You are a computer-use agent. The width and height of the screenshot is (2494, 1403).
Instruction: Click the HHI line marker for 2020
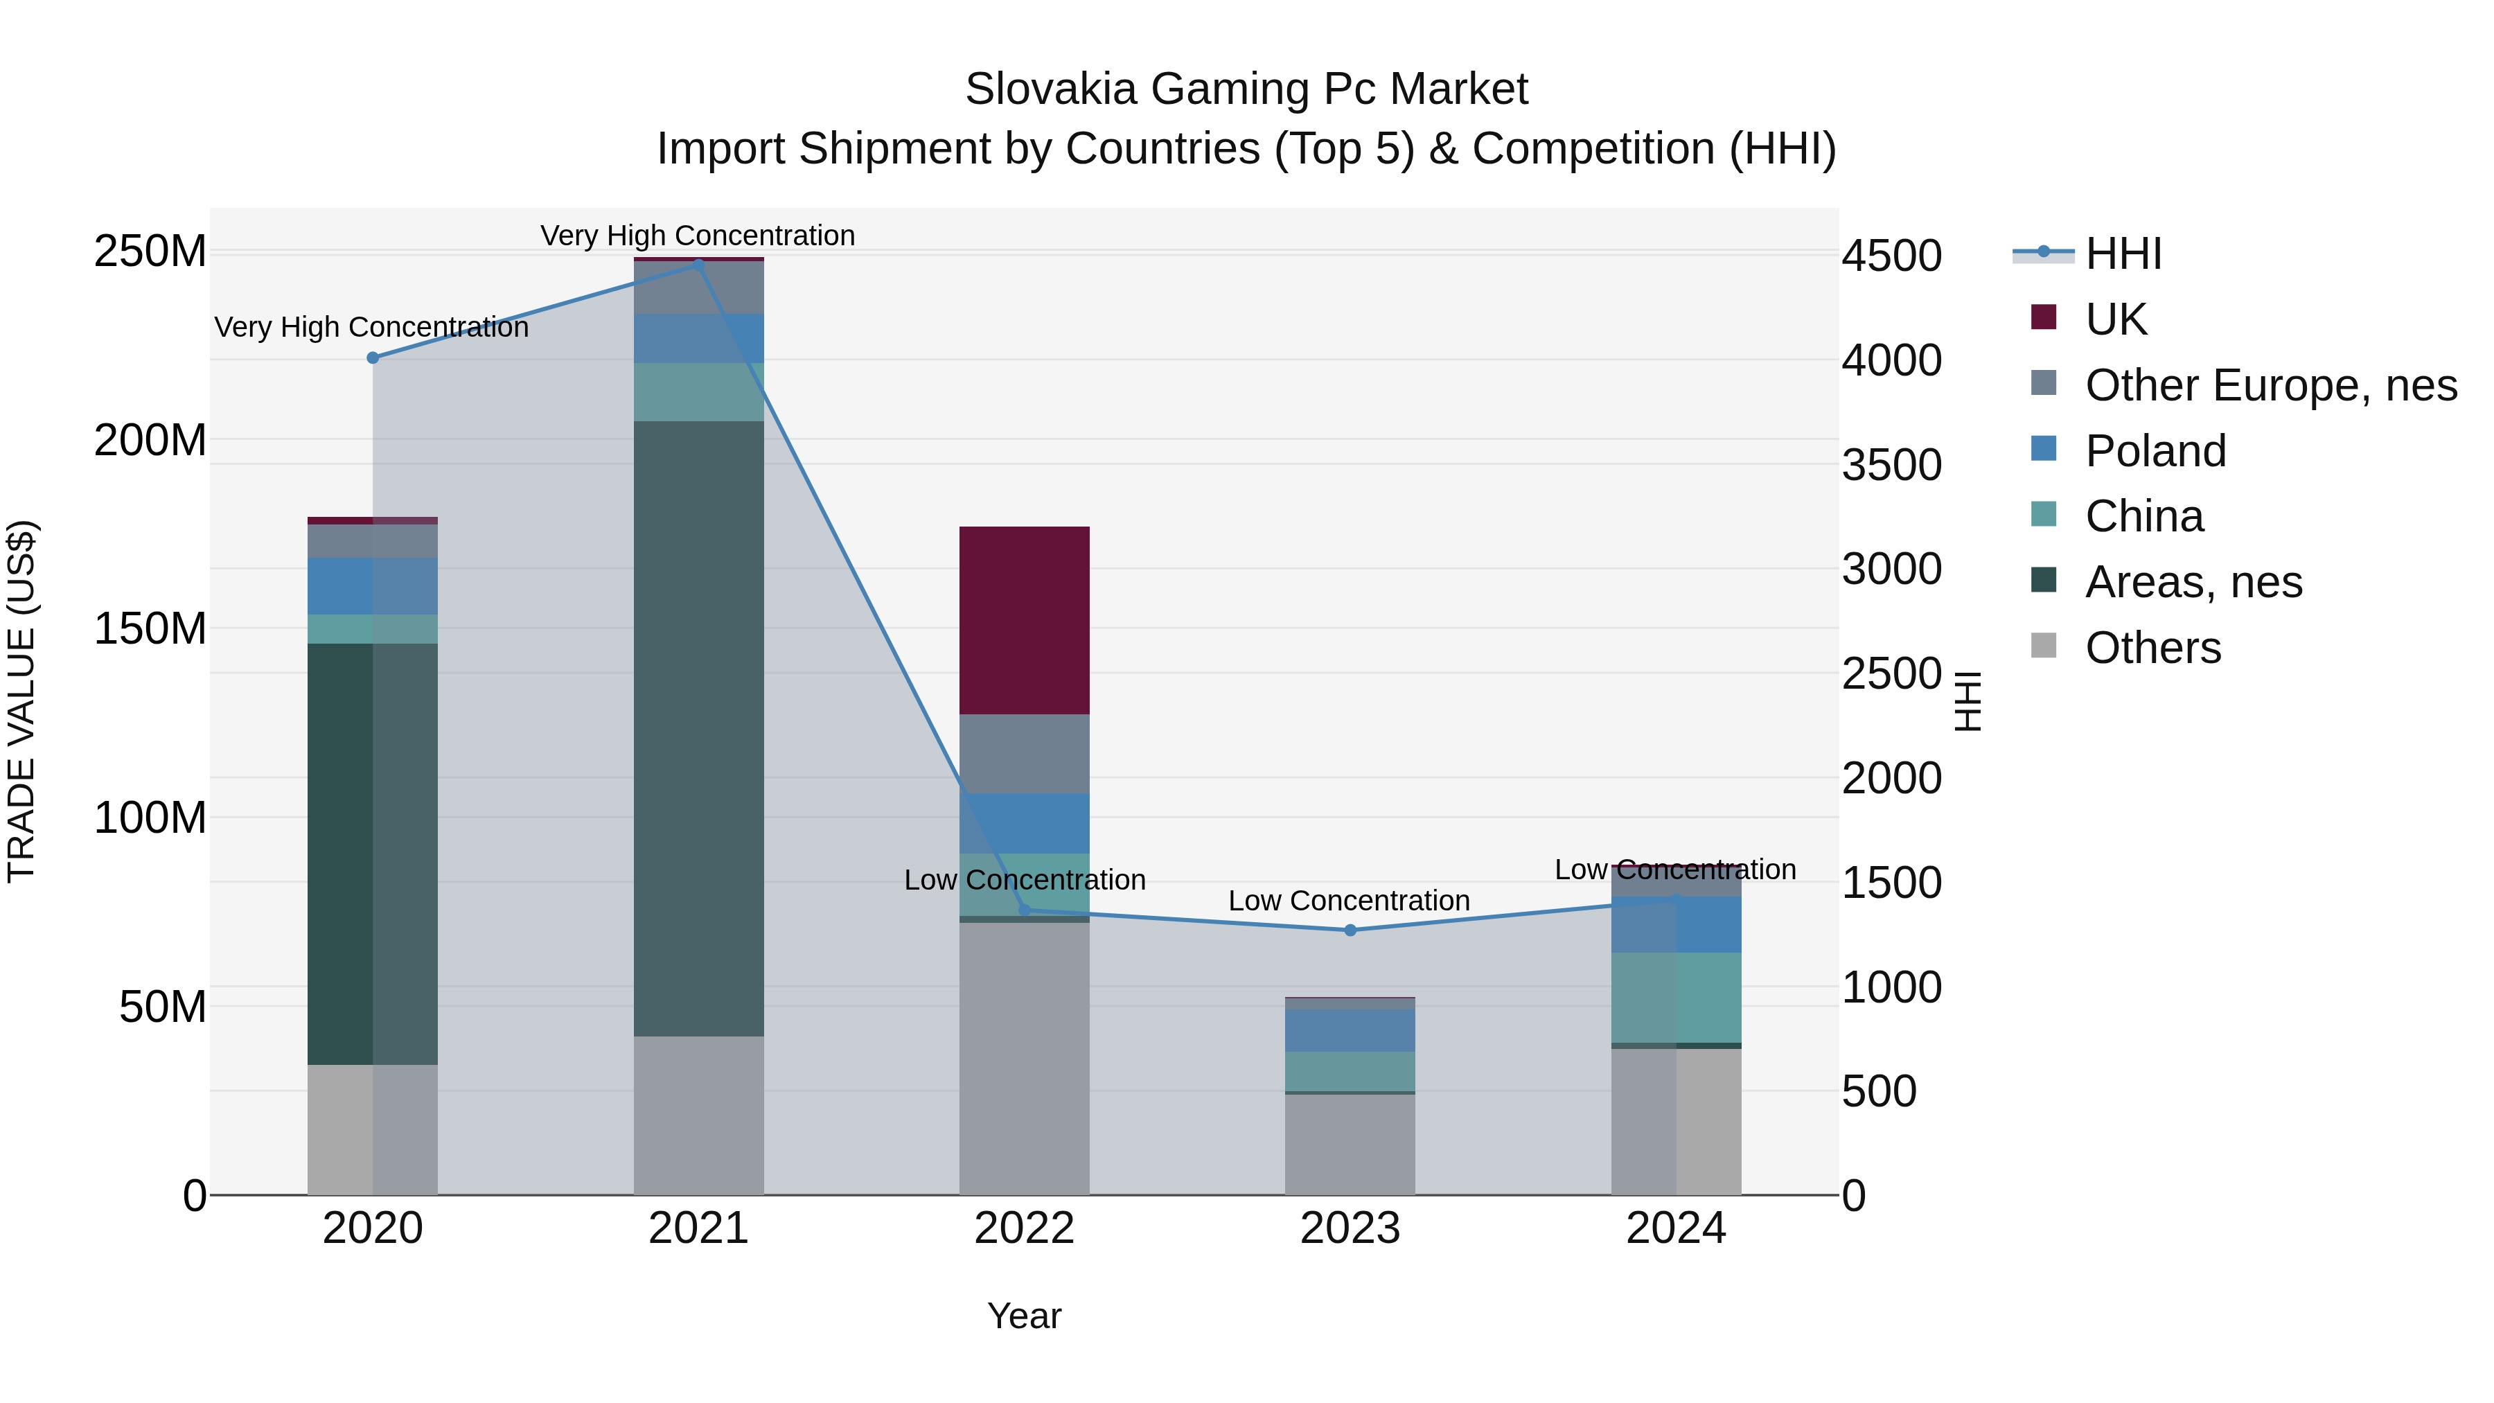pyautogui.click(x=373, y=358)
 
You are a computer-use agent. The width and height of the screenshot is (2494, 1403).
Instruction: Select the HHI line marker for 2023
pyautogui.click(x=1351, y=930)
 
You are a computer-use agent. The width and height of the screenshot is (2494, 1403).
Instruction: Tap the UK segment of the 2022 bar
pyautogui.click(x=1025, y=621)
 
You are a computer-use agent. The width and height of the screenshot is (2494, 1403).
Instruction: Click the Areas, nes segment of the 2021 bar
pyautogui.click(x=698, y=728)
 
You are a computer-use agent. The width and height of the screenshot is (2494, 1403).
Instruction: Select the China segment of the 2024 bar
pyautogui.click(x=1676, y=997)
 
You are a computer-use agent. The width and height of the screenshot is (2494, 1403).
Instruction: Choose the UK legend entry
pyautogui.click(x=2116, y=319)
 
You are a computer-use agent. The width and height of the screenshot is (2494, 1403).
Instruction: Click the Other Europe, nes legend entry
pyautogui.click(x=2270, y=385)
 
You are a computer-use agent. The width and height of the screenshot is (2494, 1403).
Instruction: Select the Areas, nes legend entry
pyautogui.click(x=2193, y=582)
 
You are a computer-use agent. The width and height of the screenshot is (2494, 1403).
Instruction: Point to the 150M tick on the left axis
pyautogui.click(x=150, y=629)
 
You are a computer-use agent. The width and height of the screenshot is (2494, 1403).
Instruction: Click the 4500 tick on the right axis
pyautogui.click(x=1891, y=256)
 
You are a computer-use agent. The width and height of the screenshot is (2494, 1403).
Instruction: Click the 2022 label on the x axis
pyautogui.click(x=1025, y=1228)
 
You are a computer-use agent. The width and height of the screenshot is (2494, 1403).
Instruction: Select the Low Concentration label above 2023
pyautogui.click(x=1349, y=901)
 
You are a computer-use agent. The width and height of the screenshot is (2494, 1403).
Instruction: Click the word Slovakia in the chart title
pyautogui.click(x=1050, y=89)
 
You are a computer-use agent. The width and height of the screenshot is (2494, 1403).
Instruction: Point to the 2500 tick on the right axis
pyautogui.click(x=1891, y=674)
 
